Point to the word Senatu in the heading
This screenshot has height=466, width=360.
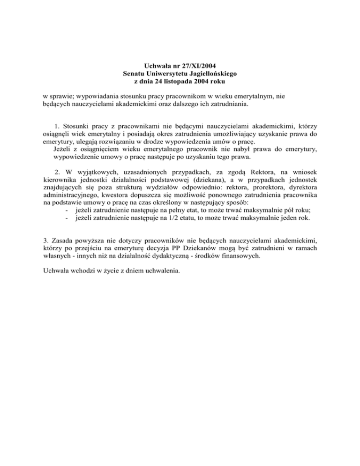pyautogui.click(x=135, y=73)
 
